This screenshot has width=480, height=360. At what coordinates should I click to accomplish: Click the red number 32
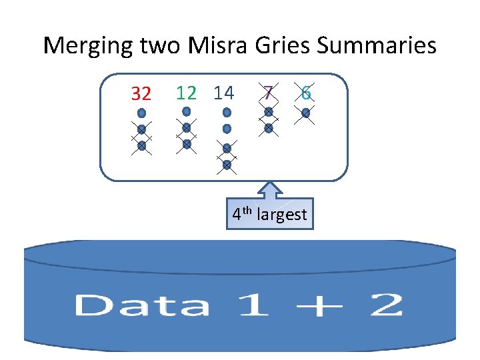[x=141, y=94]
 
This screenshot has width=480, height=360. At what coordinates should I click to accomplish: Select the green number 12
[x=186, y=93]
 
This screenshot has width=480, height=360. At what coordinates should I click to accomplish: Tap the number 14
[x=224, y=93]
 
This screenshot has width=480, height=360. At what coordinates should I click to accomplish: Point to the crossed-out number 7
[x=267, y=93]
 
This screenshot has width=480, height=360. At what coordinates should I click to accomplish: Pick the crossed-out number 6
[x=305, y=93]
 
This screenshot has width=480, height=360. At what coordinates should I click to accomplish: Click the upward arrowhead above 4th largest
[x=270, y=189]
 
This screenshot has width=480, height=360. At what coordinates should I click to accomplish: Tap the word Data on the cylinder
[x=141, y=306]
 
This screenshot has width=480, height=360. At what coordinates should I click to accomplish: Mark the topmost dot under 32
[x=141, y=113]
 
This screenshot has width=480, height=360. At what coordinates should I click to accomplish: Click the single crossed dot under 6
[x=305, y=113]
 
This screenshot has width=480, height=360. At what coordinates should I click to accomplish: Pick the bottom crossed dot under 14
[x=227, y=164]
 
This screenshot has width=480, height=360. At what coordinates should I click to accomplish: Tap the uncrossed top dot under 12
[x=187, y=111]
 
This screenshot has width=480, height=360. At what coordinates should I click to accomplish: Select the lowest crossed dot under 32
[x=141, y=145]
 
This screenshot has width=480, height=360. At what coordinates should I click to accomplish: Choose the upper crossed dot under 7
[x=268, y=112]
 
